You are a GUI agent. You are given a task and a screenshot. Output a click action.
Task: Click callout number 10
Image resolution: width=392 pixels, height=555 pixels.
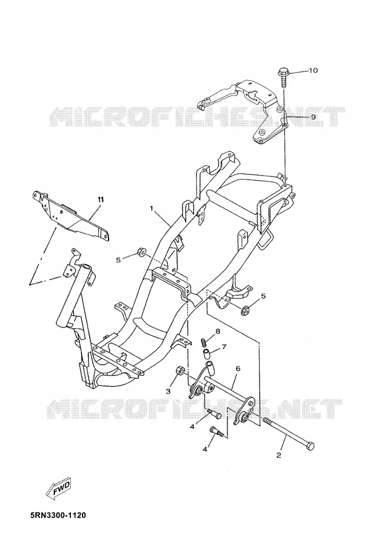tap(313, 70)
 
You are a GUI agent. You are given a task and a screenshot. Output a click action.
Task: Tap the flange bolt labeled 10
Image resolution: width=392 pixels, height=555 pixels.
tap(284, 77)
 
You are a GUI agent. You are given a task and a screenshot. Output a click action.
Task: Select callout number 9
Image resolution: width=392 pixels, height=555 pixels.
tap(313, 117)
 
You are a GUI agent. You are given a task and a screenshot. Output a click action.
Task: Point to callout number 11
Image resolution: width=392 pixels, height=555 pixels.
tap(101, 200)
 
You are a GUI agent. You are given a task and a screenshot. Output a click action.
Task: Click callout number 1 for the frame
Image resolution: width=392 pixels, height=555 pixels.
tap(152, 208)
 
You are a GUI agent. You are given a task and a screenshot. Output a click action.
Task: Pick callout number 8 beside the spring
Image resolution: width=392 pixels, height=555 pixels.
tap(218, 331)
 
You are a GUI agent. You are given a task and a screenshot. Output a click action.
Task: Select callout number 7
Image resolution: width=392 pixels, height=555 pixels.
tap(224, 347)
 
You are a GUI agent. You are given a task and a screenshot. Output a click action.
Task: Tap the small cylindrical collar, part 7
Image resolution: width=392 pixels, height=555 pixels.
tap(206, 353)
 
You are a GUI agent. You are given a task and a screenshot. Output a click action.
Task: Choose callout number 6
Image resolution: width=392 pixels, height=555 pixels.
tap(238, 369)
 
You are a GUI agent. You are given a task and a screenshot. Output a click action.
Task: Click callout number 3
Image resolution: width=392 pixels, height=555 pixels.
tap(168, 392)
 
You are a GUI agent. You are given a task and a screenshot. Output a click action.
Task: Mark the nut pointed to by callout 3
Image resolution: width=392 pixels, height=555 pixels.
tap(180, 371)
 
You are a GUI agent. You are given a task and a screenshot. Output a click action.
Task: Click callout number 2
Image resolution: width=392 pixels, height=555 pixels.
tap(279, 455)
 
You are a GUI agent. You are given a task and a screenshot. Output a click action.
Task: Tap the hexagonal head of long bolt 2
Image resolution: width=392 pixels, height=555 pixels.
tap(310, 446)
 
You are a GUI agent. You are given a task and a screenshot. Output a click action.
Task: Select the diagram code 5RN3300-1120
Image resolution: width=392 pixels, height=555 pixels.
tap(58, 515)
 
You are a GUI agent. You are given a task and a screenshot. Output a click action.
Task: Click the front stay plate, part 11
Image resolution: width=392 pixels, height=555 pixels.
tap(71, 216)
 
